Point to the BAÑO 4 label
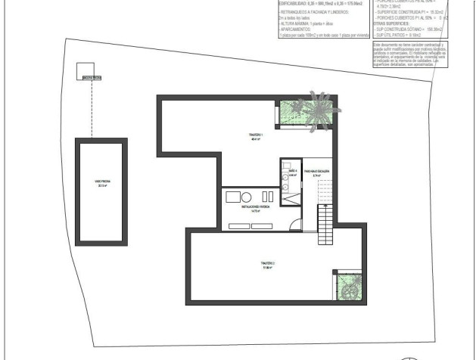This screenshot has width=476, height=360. [x=293, y=173]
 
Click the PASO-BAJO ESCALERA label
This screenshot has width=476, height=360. [x=317, y=172]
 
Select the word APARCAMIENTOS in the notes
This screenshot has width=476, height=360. [x=300, y=29]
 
